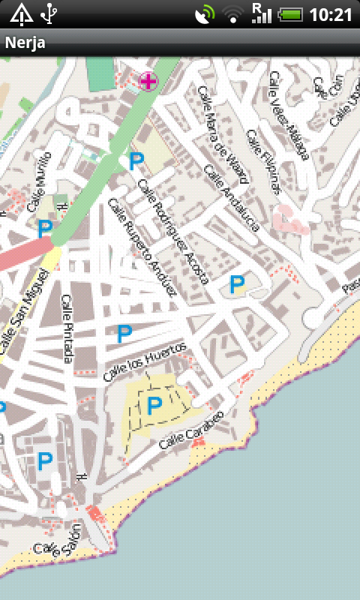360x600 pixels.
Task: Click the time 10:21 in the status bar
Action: pyautogui.click(x=331, y=14)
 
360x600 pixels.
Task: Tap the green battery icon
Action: pyautogui.click(x=290, y=14)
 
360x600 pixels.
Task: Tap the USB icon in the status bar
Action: pyautogui.click(x=49, y=13)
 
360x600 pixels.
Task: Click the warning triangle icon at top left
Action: pyautogui.click(x=21, y=13)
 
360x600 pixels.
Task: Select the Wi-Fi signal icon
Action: pyautogui.click(x=234, y=14)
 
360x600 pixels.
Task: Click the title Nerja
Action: pyautogui.click(x=25, y=43)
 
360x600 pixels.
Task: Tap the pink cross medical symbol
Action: pyautogui.click(x=148, y=81)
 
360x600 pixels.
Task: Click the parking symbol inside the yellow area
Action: pyautogui.click(x=154, y=406)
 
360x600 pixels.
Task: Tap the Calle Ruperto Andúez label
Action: pyautogui.click(x=142, y=247)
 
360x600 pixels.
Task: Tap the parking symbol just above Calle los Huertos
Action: pyautogui.click(x=124, y=334)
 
